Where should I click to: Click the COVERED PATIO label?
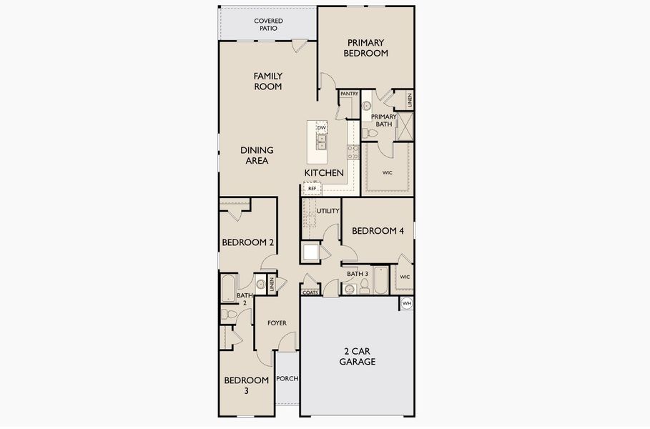[268, 25]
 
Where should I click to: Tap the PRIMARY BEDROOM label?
[365, 48]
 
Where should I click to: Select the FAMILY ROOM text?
[268, 81]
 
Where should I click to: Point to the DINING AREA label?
[257, 155]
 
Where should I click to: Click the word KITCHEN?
[324, 173]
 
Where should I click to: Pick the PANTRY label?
[349, 94]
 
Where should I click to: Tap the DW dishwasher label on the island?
[322, 128]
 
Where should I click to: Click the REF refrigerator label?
[312, 189]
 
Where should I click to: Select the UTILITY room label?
[328, 211]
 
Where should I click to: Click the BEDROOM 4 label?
[378, 231]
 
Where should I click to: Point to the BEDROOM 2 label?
[248, 242]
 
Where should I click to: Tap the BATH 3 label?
[358, 274]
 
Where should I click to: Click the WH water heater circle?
[407, 304]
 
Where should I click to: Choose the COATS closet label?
[310, 292]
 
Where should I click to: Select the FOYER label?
[277, 323]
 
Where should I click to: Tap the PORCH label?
[287, 378]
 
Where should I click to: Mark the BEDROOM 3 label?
[247, 385]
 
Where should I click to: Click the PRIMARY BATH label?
[383, 120]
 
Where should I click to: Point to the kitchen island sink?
[321, 142]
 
